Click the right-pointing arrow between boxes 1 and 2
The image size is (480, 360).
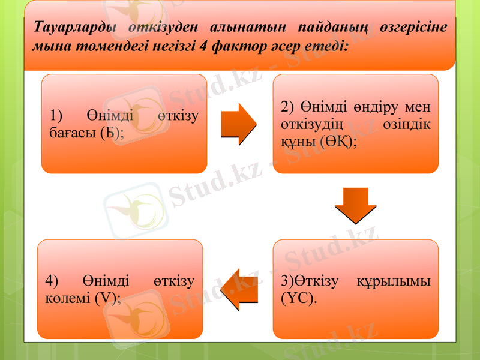tap(239, 124)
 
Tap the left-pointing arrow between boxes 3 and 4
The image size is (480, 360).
tap(239, 290)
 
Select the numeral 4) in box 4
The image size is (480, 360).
tap(52, 281)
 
